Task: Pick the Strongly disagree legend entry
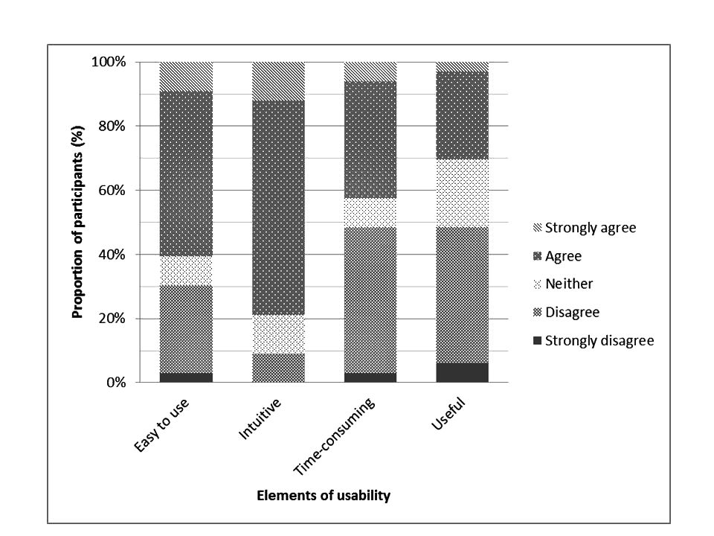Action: point(599,341)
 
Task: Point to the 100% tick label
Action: point(108,62)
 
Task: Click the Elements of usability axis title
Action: point(323,496)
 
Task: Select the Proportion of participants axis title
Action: point(77,223)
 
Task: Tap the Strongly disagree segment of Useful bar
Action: point(462,373)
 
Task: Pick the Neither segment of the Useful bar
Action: point(462,193)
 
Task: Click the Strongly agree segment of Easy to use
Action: point(186,77)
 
